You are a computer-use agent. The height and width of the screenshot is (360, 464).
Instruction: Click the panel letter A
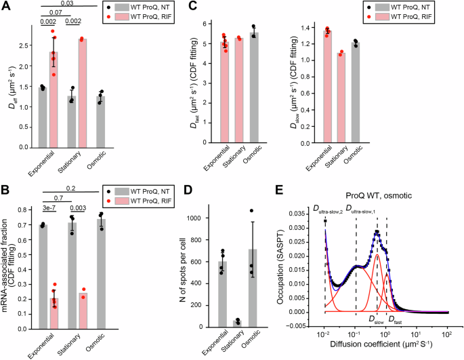(7, 7)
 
